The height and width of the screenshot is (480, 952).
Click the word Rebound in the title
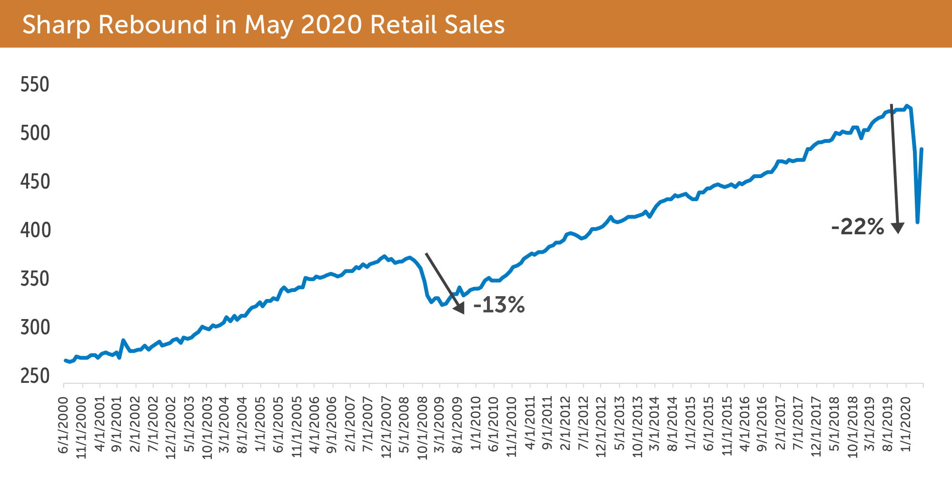[x=152, y=25]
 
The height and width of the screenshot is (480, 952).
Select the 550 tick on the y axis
[x=35, y=85]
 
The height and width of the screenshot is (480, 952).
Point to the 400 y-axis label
[x=35, y=230]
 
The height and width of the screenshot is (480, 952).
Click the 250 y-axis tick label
[x=35, y=376]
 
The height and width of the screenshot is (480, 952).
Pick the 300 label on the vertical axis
[x=35, y=328]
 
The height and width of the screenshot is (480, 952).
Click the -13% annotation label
[x=499, y=305]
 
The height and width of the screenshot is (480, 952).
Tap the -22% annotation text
[x=857, y=227]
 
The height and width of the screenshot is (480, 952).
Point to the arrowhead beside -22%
[x=898, y=228]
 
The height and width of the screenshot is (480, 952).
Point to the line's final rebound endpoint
[x=922, y=149]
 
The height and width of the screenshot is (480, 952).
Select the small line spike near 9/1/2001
[x=123, y=340]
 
